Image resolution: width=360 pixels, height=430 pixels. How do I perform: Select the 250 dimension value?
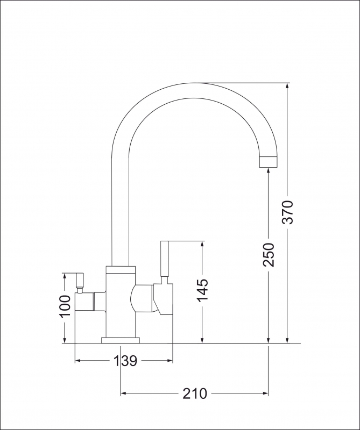point(269,254)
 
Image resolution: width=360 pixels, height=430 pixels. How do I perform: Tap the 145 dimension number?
point(203,291)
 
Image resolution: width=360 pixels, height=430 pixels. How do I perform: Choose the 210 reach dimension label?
point(194,394)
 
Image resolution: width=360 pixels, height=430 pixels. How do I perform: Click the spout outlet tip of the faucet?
point(269,162)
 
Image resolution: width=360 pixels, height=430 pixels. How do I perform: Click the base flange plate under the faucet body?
point(121,340)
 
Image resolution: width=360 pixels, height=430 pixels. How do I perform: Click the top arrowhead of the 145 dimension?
point(203,245)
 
